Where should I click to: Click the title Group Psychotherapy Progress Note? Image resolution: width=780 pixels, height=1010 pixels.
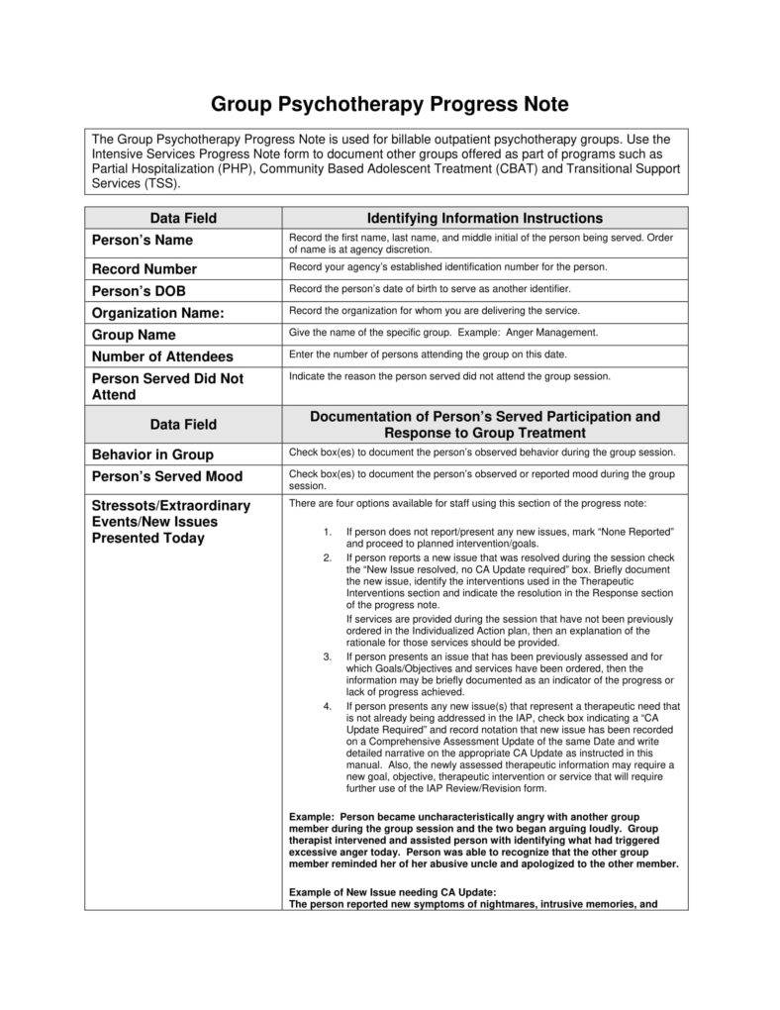click(389, 105)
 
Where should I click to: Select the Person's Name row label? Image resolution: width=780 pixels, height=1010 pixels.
click(143, 241)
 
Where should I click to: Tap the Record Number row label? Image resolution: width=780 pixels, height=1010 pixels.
click(145, 269)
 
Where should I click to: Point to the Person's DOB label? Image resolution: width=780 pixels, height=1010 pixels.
click(139, 291)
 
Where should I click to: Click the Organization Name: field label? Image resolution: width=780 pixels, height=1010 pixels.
click(158, 313)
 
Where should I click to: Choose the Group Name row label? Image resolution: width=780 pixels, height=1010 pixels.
click(134, 335)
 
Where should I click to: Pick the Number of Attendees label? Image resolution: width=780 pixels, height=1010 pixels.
click(162, 356)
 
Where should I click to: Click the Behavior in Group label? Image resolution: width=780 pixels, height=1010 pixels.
click(152, 454)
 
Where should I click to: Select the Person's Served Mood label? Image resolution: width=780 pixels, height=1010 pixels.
click(166, 476)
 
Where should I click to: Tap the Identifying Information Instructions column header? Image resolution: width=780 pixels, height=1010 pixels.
click(484, 218)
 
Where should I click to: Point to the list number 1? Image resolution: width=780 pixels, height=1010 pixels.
click(327, 532)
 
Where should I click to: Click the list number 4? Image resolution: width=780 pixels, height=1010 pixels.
click(327, 706)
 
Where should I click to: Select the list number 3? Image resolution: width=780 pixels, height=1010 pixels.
click(327, 656)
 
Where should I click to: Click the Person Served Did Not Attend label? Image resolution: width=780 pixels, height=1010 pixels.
click(167, 386)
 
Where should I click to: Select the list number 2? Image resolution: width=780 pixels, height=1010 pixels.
click(327, 557)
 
